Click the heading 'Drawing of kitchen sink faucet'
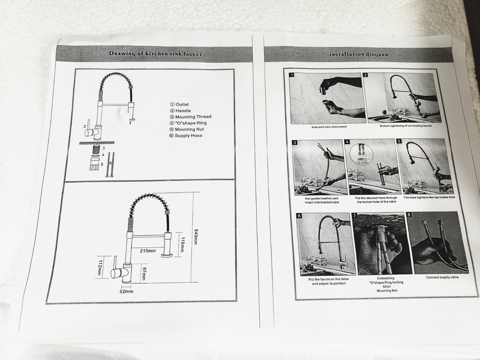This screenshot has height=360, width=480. pos(156,54)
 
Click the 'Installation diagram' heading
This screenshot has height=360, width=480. pos(359,54)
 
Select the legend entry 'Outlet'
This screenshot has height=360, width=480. pos(179,104)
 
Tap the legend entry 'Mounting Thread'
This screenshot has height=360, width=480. pos(191,117)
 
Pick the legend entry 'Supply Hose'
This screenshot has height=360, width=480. pos(186,136)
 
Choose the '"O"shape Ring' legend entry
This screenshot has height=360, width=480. pos(188,123)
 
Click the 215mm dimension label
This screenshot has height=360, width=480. pos(148,251)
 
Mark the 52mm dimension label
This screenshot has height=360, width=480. pos(126,291)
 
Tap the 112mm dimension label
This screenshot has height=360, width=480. pos(100,268)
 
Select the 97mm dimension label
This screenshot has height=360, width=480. pos(144,274)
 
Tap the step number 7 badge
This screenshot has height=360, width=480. pos(355,216)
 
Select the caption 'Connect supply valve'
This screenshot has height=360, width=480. pos(442,277)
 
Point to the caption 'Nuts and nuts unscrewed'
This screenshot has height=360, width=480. pos(329,127)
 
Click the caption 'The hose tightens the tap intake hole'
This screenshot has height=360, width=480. pos(429,197)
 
